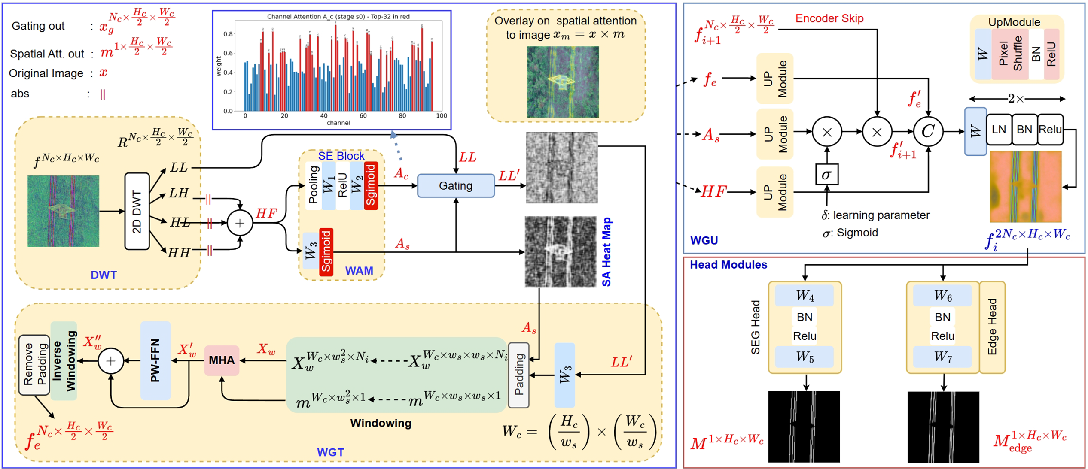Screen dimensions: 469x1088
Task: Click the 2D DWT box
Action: click(137, 211)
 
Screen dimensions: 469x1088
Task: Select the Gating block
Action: click(456, 186)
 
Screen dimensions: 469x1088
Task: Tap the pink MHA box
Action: click(222, 360)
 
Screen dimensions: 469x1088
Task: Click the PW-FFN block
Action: click(155, 360)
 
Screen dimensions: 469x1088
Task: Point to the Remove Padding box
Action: click(34, 365)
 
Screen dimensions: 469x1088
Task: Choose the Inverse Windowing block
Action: click(64, 361)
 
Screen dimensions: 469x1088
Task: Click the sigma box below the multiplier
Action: click(826, 175)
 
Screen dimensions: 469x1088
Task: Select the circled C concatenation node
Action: click(928, 131)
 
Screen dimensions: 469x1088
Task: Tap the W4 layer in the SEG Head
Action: click(805, 296)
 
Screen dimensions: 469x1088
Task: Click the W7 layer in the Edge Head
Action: click(943, 357)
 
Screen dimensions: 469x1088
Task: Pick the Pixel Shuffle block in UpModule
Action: click(1010, 54)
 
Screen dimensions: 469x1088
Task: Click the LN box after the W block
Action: click(999, 130)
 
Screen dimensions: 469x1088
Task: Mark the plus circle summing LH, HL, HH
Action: click(240, 223)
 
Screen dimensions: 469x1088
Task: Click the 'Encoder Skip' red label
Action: click(829, 18)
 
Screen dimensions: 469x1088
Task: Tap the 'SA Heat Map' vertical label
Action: click(606, 252)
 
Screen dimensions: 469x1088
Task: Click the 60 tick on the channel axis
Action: click(363, 116)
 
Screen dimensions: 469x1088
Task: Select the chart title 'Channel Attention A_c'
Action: click(338, 17)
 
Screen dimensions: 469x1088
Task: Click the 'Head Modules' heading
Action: click(728, 265)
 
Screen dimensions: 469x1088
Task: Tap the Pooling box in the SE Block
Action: click(314, 185)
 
